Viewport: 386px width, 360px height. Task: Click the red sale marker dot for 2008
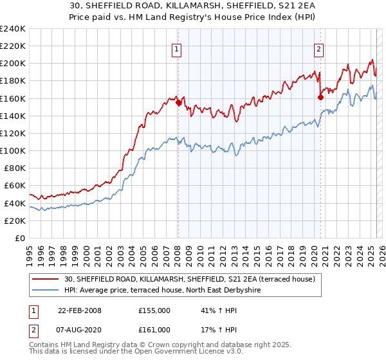pyautogui.click(x=178, y=102)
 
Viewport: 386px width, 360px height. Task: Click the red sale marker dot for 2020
pyautogui.click(x=320, y=98)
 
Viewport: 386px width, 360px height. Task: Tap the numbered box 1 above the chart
pyautogui.click(x=176, y=48)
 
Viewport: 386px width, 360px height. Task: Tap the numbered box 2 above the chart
pyautogui.click(x=318, y=48)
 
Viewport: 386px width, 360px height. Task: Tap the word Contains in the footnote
pyautogui.click(x=44, y=345)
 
